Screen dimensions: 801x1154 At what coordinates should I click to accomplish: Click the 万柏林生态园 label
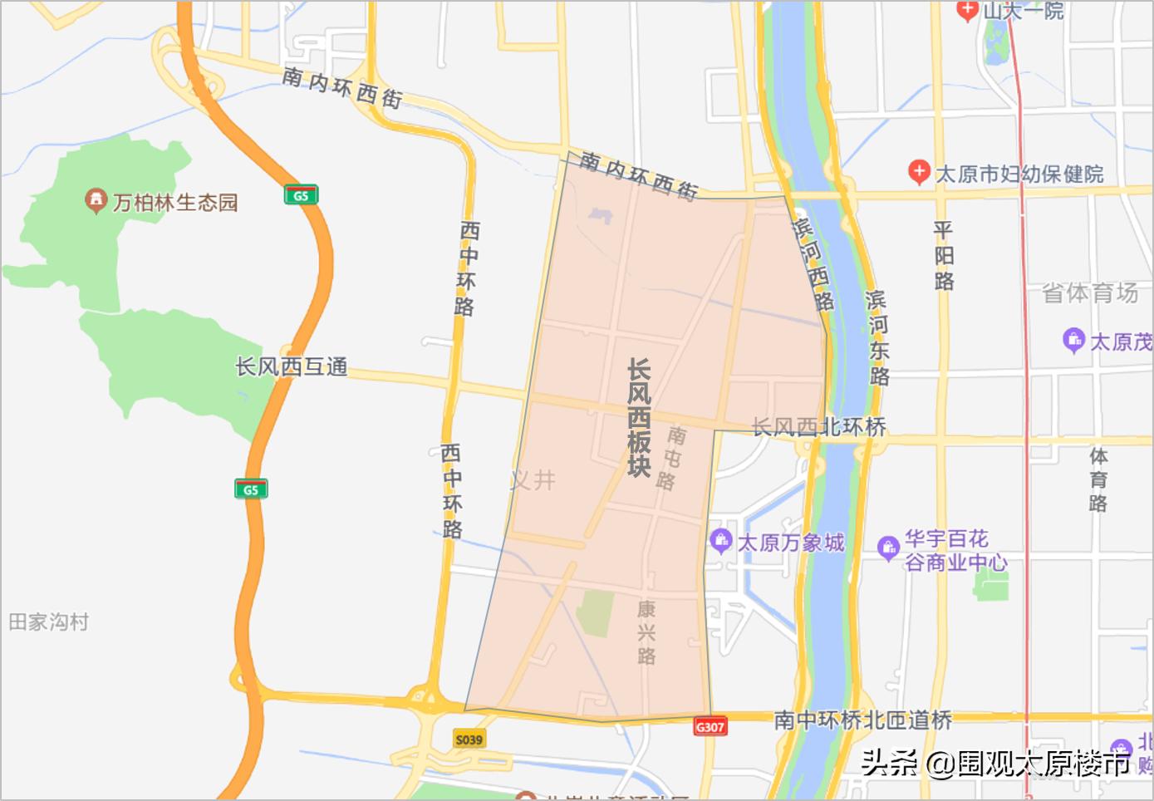[x=175, y=203]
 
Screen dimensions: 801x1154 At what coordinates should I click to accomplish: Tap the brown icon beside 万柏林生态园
[x=96, y=200]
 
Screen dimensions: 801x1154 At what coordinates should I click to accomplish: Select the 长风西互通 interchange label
[x=291, y=366]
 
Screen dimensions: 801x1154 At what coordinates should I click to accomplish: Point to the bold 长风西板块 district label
[x=638, y=417]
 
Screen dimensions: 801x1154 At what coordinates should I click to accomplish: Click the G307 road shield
[x=710, y=727]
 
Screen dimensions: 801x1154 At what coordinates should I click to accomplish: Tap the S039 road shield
[x=469, y=739]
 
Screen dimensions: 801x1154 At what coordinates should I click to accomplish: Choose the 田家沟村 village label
[x=48, y=622]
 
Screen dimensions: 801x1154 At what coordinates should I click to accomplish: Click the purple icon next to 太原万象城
[x=720, y=541]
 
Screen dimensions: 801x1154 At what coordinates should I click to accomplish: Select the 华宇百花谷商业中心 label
[x=955, y=550]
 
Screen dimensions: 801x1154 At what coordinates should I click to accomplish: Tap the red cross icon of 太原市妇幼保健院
[x=918, y=172]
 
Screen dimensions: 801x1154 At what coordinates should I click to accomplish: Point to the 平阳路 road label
[x=943, y=255]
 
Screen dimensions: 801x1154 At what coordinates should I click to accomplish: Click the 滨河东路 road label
[x=877, y=337]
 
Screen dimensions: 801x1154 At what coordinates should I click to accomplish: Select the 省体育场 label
[x=1089, y=292]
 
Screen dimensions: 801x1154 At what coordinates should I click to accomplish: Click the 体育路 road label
[x=1098, y=479]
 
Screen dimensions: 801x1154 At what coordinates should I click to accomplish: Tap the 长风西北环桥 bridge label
[x=818, y=427]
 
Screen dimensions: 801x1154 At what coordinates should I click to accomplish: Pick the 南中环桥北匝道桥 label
[x=862, y=720]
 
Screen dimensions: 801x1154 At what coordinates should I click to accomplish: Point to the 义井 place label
[x=533, y=479]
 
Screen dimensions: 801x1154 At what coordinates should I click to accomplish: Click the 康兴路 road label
[x=646, y=632]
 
